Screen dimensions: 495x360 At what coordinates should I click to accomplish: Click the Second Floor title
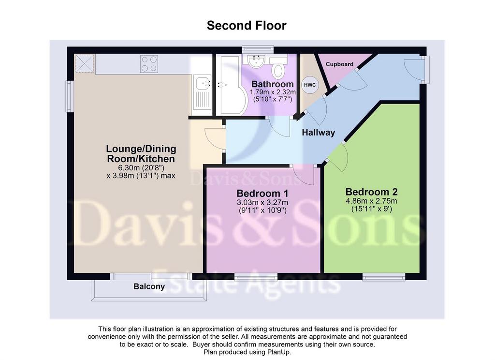point(247,26)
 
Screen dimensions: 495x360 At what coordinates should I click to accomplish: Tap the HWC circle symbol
point(310,85)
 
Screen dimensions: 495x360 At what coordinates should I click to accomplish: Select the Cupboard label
point(339,64)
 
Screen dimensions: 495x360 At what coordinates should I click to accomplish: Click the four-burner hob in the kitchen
point(149,64)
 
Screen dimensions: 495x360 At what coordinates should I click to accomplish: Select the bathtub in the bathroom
point(232,85)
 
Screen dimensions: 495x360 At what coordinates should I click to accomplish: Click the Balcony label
point(149,286)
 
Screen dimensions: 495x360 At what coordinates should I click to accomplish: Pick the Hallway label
point(318,133)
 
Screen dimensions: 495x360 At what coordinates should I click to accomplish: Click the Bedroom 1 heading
point(262,193)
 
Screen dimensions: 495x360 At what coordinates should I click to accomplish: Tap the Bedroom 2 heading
point(372,192)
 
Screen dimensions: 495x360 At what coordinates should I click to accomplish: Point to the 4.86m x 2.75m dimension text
point(372,201)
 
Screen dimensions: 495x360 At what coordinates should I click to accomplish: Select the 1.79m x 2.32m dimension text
point(273,92)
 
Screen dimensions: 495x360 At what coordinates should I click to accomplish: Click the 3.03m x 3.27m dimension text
point(262,202)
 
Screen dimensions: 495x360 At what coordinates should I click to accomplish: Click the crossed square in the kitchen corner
point(85,63)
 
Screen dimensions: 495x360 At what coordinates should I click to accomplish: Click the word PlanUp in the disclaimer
point(279,352)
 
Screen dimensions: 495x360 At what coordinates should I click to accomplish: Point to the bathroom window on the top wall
point(258,50)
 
